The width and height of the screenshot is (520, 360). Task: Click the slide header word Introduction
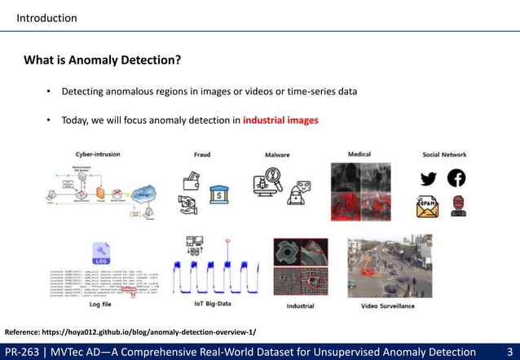click(x=47, y=18)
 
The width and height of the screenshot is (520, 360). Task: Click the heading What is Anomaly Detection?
click(x=102, y=61)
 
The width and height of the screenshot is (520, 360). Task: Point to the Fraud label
click(x=201, y=154)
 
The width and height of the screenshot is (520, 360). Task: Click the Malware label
click(x=278, y=154)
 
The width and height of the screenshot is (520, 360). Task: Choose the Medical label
click(x=359, y=153)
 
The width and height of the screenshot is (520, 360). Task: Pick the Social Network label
click(x=444, y=154)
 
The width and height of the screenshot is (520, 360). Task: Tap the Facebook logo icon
click(x=456, y=178)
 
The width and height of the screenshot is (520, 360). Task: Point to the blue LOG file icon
click(x=103, y=252)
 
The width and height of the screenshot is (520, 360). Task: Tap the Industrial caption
click(x=301, y=307)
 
